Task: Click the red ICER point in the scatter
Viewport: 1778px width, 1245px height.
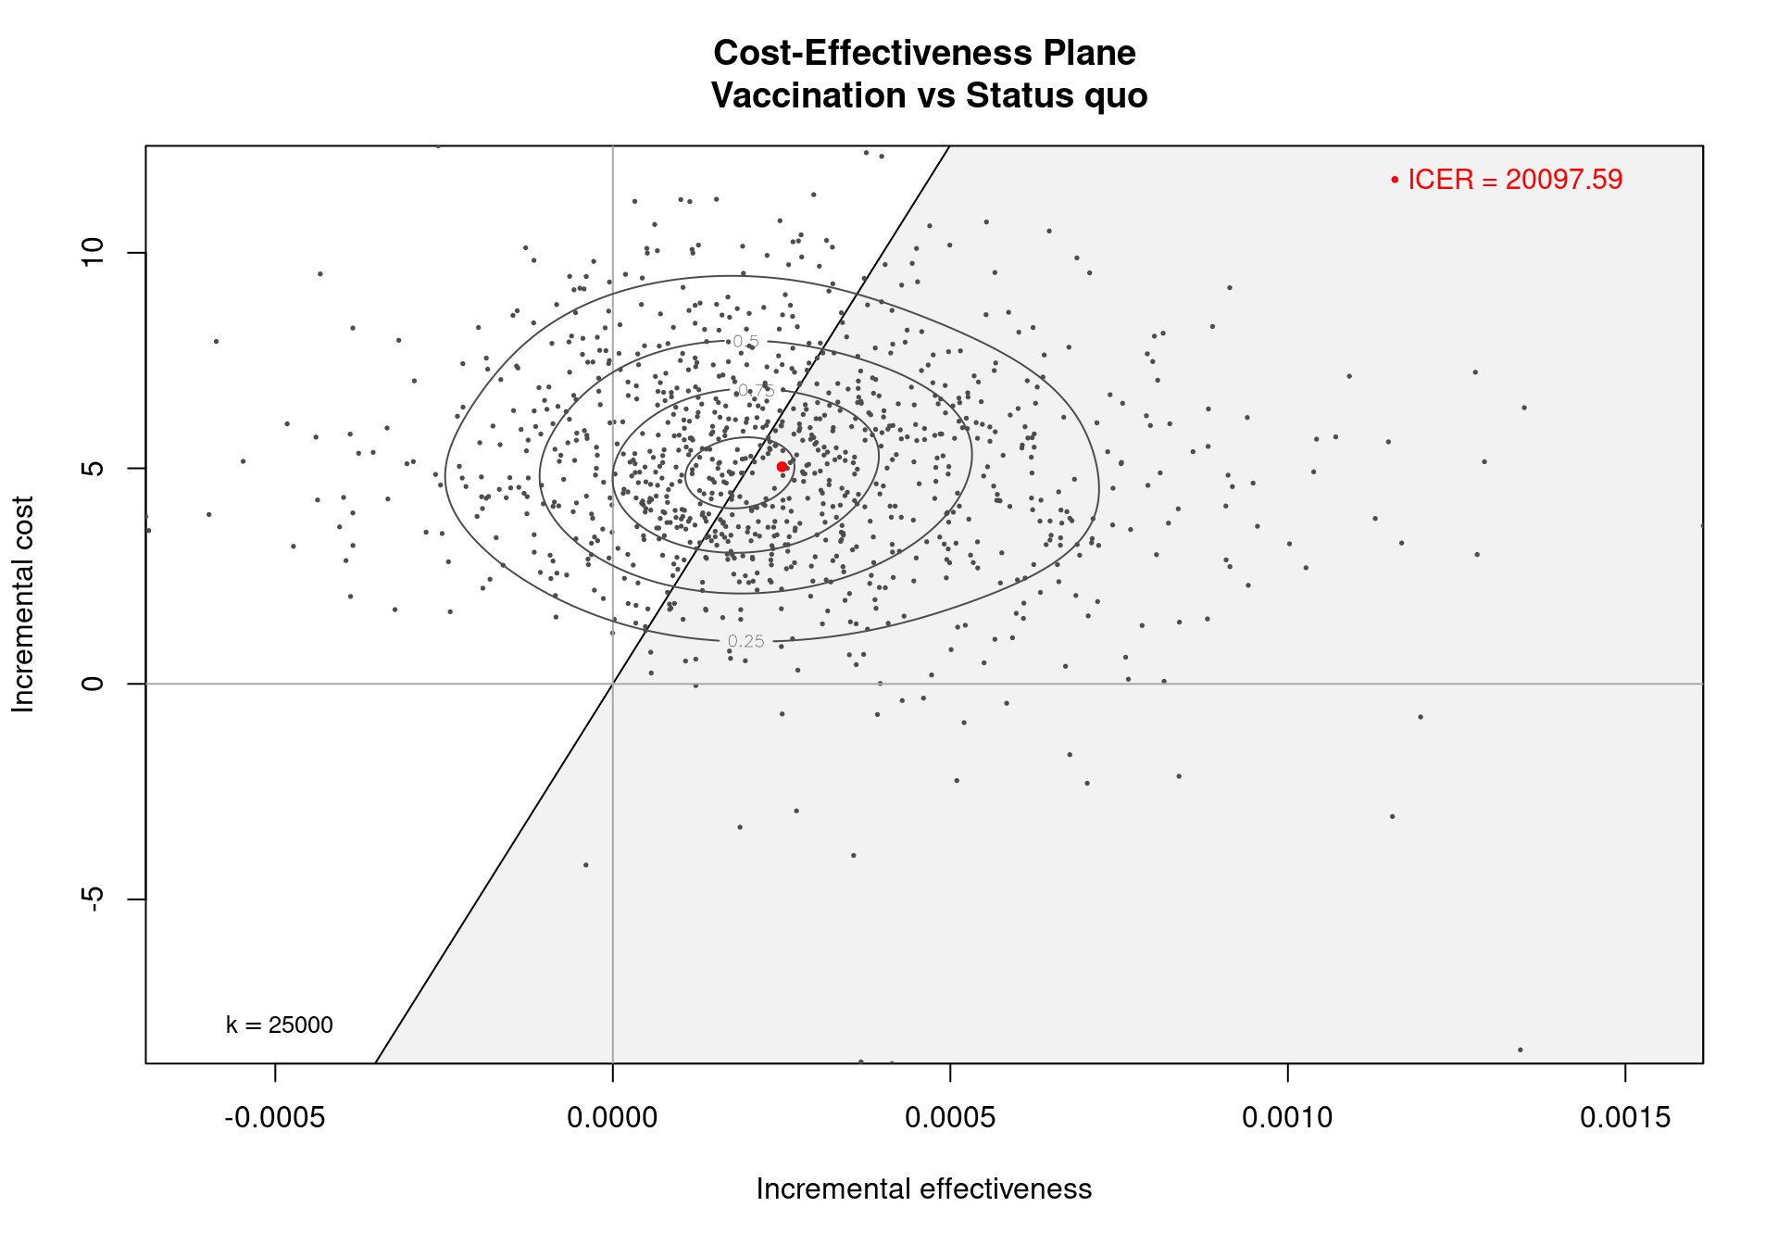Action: coord(782,467)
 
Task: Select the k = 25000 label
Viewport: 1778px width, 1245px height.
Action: coord(279,1025)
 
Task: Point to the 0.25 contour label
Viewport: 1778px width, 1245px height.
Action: coord(745,641)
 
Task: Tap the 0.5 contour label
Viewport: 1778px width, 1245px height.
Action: coord(745,342)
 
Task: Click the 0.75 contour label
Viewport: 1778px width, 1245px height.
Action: coord(756,390)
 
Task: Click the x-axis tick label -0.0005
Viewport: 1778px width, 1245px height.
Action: coord(274,1118)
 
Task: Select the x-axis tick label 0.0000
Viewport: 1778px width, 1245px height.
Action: coord(612,1118)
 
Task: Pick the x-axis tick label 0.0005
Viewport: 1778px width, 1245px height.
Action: coord(950,1118)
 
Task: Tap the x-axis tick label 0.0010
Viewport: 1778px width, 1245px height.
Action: coord(1287,1118)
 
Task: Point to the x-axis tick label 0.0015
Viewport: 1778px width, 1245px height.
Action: coord(1625,1118)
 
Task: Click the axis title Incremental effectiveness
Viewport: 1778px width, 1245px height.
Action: coord(923,1189)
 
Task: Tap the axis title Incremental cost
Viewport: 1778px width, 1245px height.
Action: coord(23,604)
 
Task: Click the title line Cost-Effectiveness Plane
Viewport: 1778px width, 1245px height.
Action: coord(924,53)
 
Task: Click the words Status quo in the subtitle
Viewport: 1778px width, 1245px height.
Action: coord(1057,95)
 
